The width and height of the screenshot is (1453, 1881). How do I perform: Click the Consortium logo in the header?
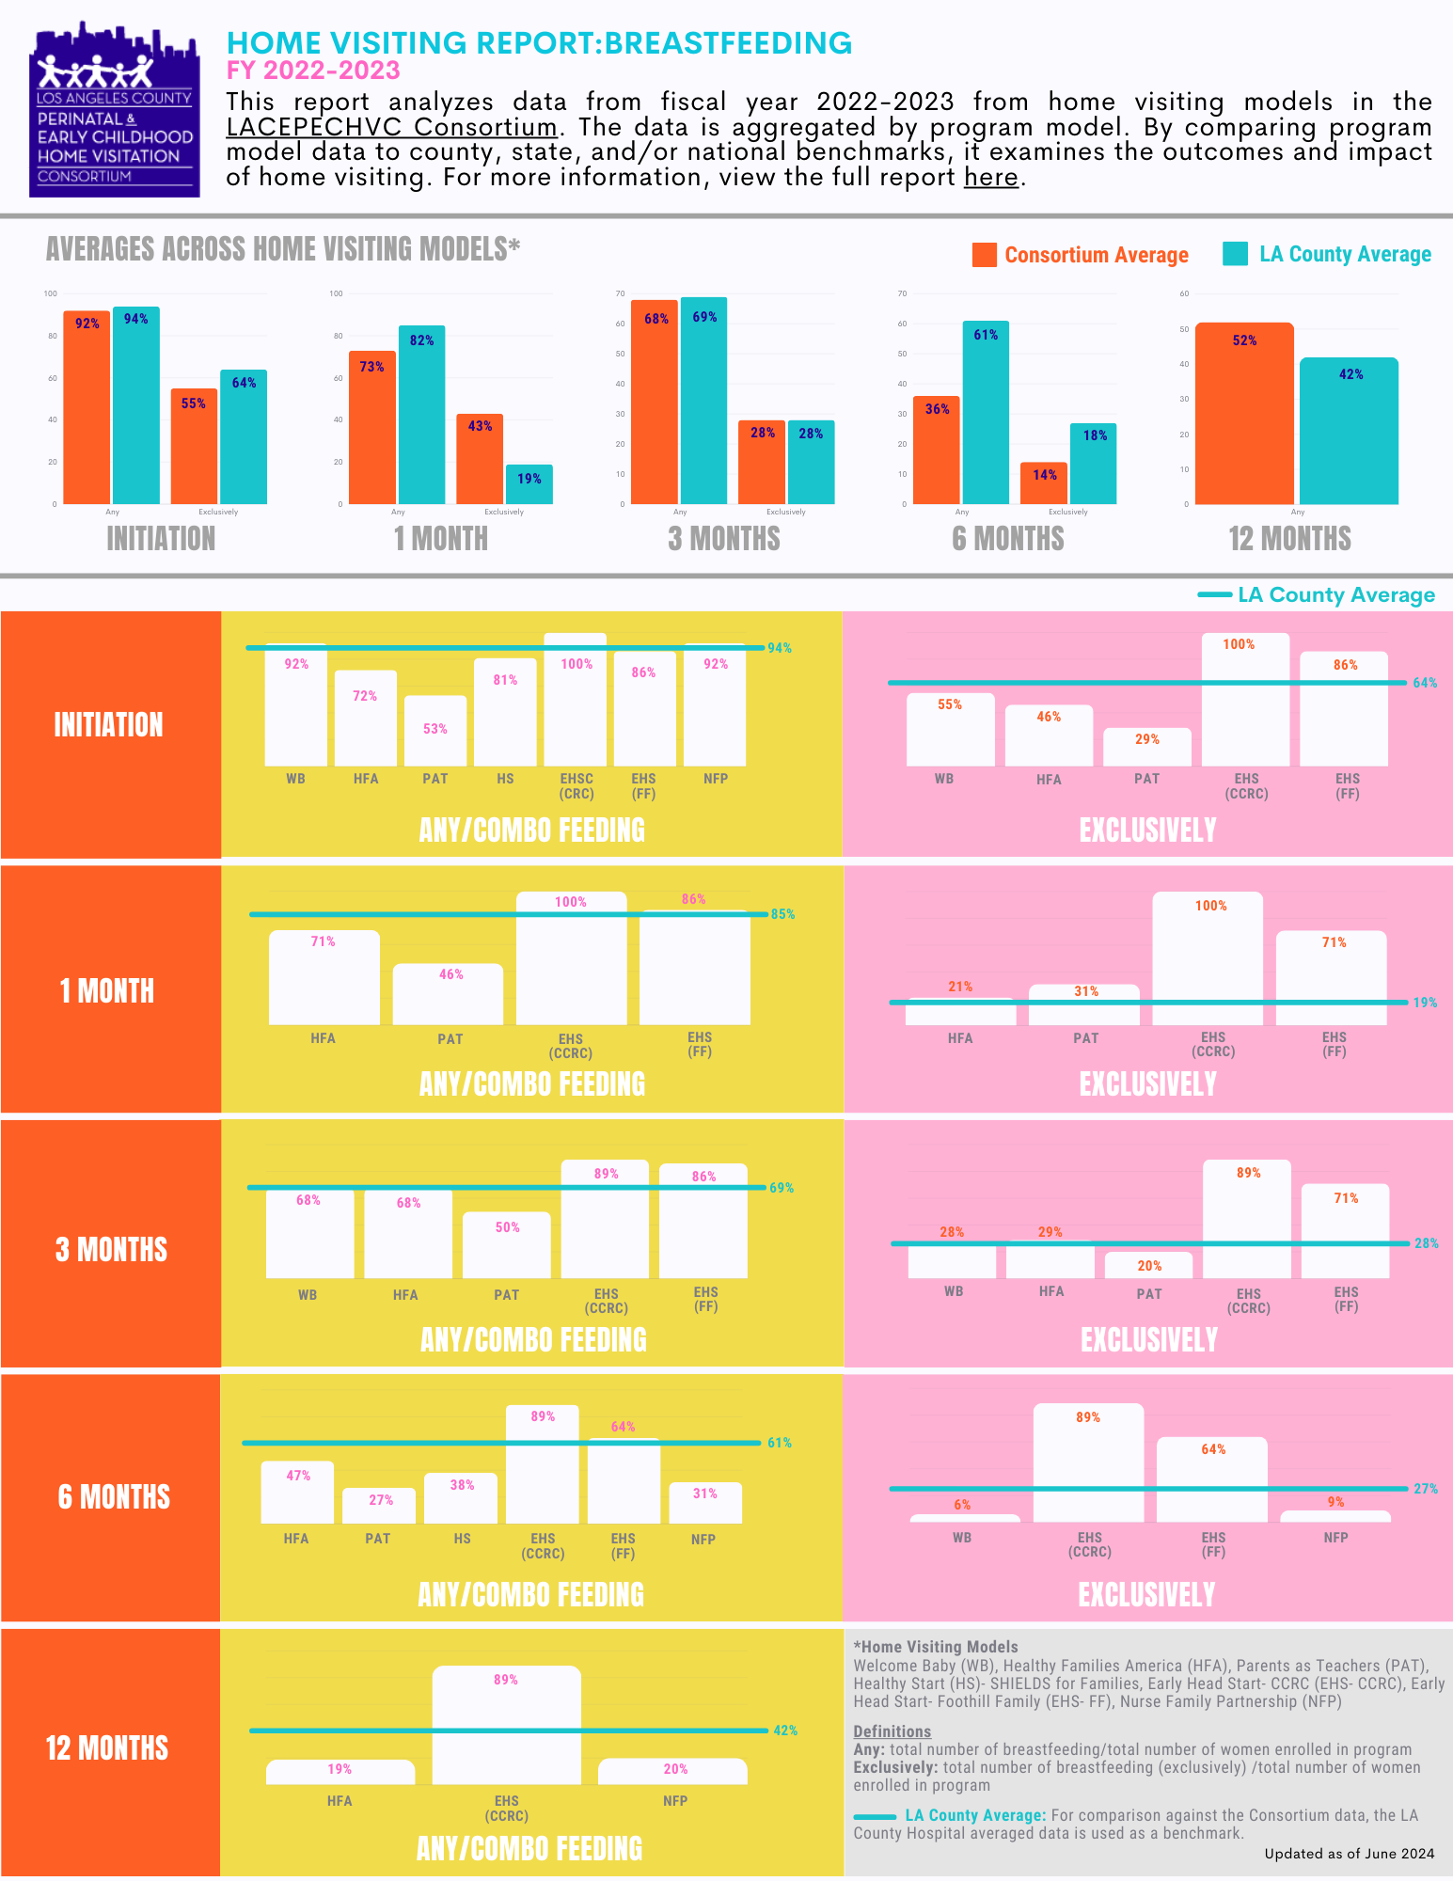point(114,110)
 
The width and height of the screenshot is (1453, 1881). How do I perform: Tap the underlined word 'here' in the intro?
point(991,178)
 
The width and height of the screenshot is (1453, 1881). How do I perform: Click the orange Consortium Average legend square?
point(984,255)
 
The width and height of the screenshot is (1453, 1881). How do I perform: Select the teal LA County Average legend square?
point(1235,254)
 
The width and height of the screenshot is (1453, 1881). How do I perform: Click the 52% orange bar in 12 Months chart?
point(1243,414)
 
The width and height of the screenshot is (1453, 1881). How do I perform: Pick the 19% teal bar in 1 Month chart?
point(529,484)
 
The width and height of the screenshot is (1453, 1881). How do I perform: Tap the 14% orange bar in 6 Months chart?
point(1043,483)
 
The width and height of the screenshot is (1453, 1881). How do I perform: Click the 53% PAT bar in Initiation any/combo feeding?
point(435,731)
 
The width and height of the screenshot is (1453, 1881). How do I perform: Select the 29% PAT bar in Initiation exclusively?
point(1146,747)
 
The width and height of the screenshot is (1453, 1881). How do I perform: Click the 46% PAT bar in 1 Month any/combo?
point(448,994)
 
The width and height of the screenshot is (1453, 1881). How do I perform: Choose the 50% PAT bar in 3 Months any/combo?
point(506,1244)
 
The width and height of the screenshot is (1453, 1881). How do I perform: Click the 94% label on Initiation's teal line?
point(780,648)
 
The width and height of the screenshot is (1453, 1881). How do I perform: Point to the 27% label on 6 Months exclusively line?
point(1426,1489)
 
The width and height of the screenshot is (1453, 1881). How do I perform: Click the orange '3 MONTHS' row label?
point(111,1249)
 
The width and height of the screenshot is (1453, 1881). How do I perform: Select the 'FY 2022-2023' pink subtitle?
point(313,71)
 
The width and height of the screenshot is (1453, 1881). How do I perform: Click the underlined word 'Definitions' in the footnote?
point(892,1731)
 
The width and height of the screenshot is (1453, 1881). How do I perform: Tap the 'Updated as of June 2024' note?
point(1349,1854)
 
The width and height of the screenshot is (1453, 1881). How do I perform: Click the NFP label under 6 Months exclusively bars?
point(1335,1538)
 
